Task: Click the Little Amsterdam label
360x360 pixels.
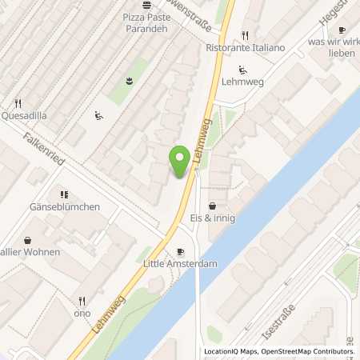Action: [181, 262]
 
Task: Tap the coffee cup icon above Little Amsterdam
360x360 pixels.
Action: [180, 251]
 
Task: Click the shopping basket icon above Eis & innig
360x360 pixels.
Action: [211, 206]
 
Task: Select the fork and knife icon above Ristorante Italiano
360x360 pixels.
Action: [245, 35]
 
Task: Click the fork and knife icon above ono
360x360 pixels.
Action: [81, 302]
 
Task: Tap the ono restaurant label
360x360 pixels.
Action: [82, 314]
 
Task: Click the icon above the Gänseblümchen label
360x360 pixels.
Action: [64, 194]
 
